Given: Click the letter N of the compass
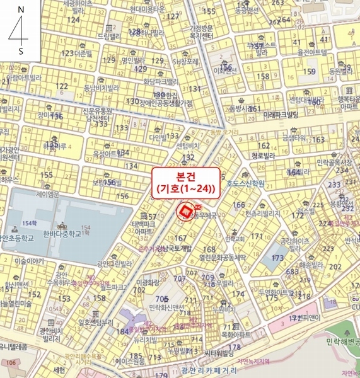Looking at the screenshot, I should pos(21,11).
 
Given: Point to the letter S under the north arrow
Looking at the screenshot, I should pos(21,50).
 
